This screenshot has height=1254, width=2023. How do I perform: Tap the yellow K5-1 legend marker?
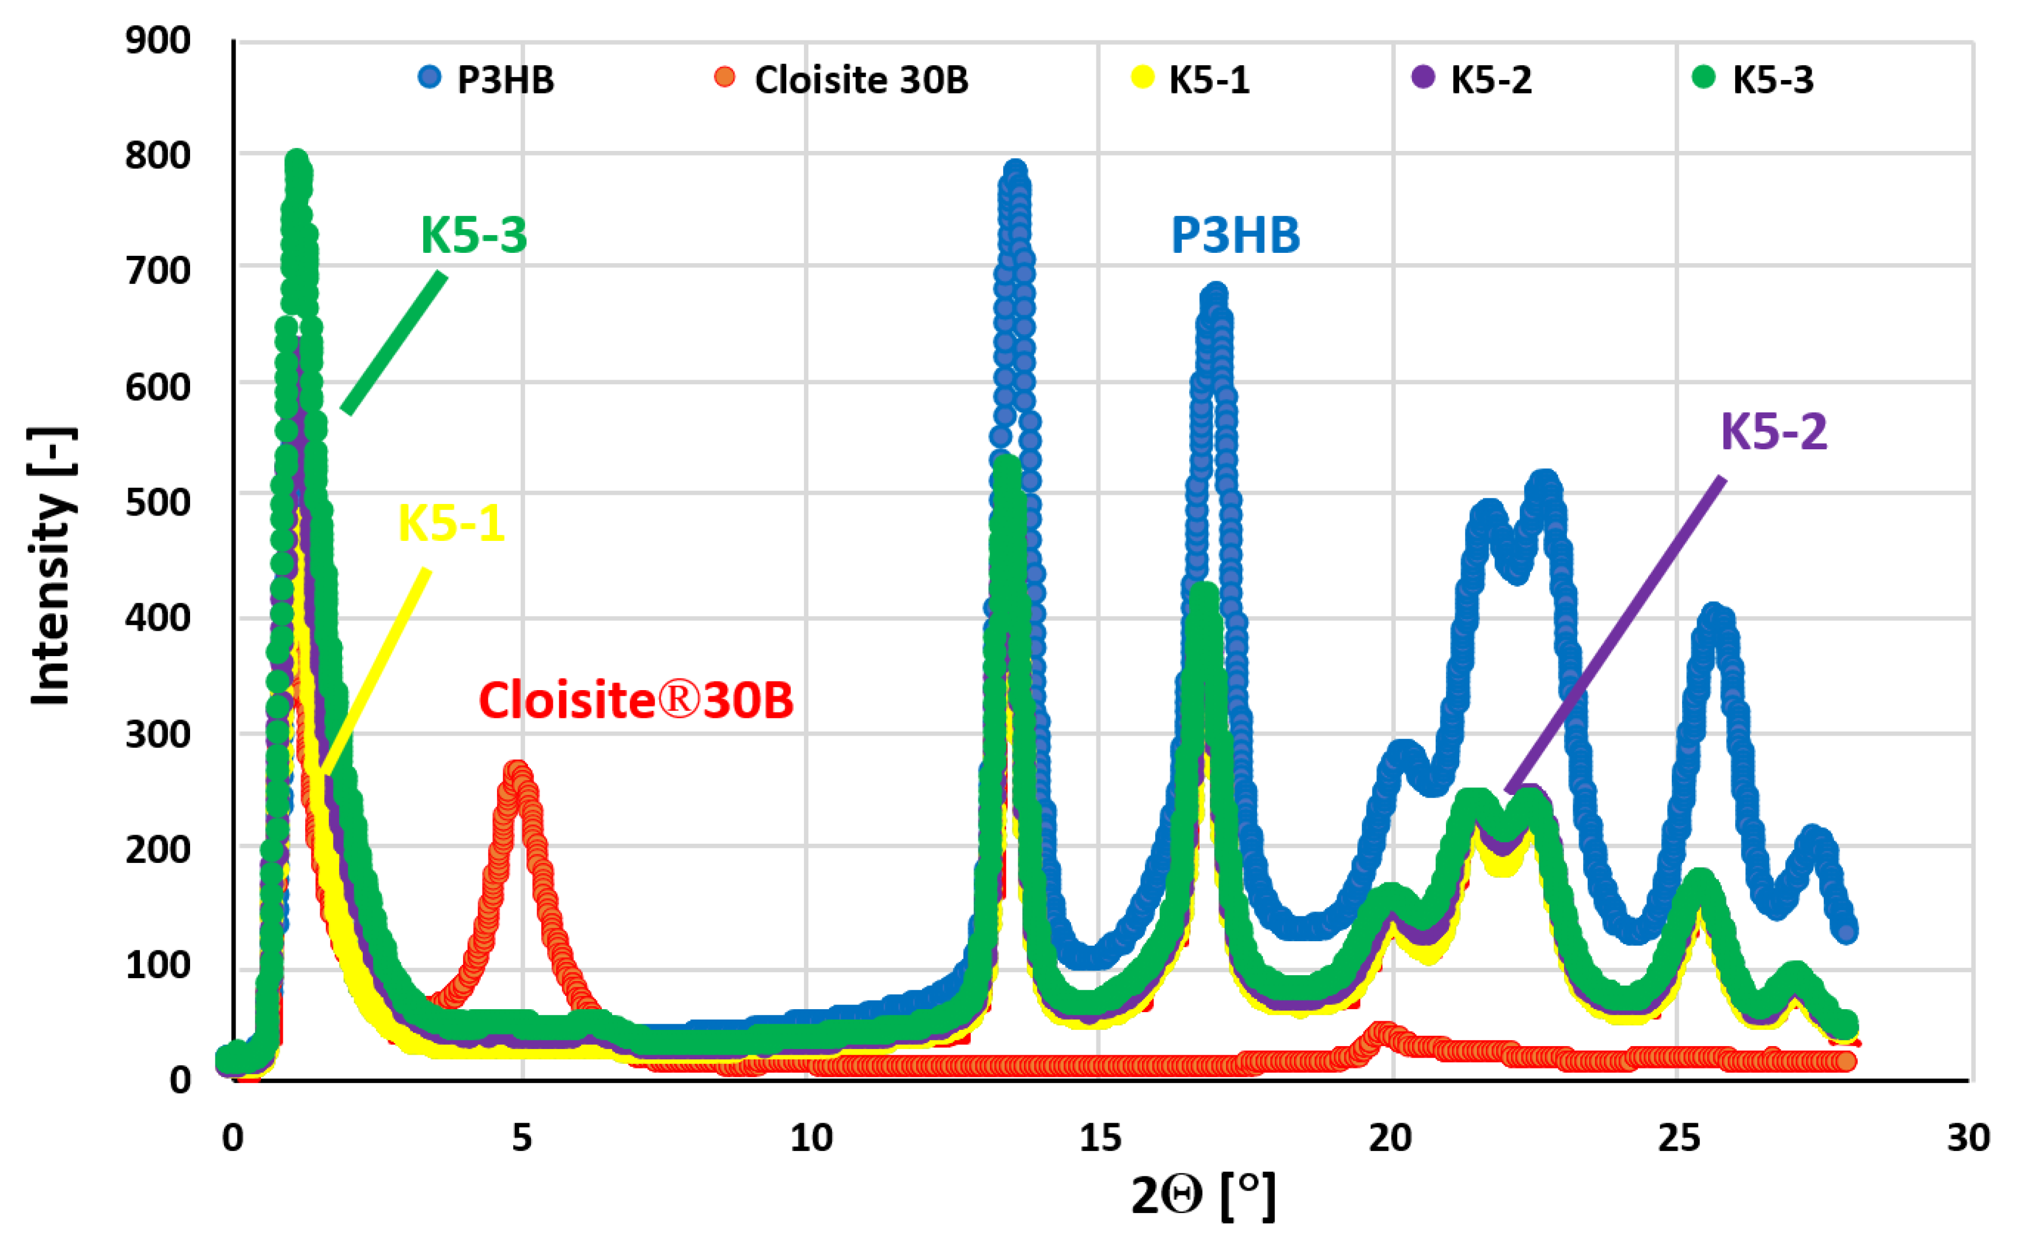click(x=1143, y=77)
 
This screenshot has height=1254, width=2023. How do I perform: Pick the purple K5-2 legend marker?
click(x=1423, y=77)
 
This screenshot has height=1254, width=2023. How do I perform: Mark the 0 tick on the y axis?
click(x=180, y=1080)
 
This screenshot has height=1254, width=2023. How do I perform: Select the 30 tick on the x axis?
click(x=1968, y=1138)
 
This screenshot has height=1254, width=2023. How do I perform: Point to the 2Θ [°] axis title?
click(x=1202, y=1195)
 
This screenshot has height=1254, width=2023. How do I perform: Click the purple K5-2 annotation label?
click(x=1774, y=431)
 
